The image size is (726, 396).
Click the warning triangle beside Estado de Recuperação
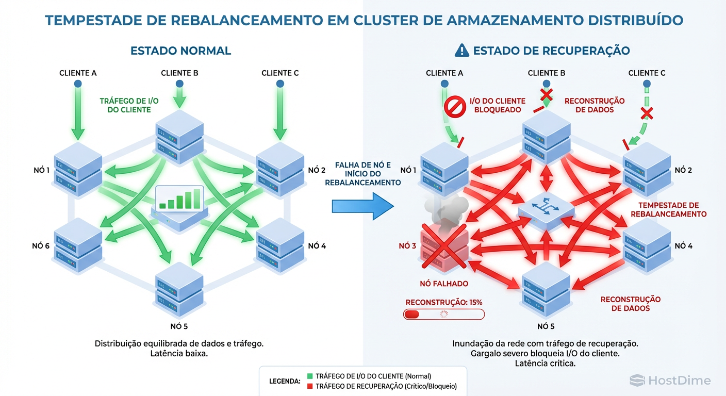click(x=461, y=50)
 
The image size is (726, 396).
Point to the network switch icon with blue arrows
click(x=546, y=208)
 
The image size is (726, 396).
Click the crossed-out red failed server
click(x=444, y=246)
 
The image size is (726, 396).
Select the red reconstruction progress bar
click(x=444, y=314)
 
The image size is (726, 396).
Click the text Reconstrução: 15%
click(x=444, y=302)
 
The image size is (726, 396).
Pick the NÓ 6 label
click(x=41, y=246)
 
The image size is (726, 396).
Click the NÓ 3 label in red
click(x=407, y=246)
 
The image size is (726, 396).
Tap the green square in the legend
click(x=309, y=376)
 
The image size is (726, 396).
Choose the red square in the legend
click(x=309, y=386)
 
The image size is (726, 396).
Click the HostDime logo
click(x=670, y=381)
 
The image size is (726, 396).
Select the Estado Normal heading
click(x=180, y=51)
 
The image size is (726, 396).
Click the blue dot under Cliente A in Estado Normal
click(x=78, y=83)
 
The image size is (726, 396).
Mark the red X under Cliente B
click(x=546, y=94)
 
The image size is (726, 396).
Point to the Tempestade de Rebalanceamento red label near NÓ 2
click(x=668, y=209)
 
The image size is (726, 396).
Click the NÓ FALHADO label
click(x=444, y=283)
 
